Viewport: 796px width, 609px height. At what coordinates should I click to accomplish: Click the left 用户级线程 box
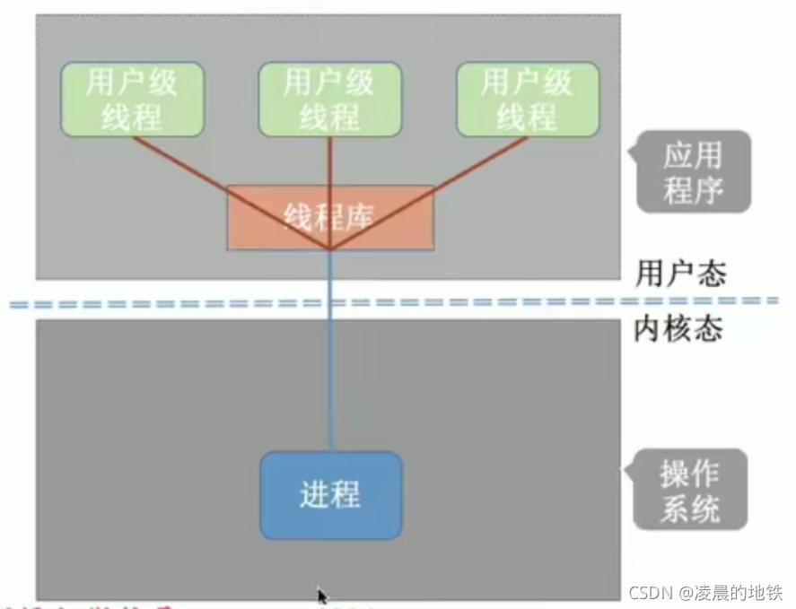132,100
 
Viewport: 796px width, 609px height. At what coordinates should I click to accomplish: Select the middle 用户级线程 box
329,100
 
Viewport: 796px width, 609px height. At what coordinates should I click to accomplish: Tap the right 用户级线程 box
528,100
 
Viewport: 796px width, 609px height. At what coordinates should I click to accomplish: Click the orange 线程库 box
269,217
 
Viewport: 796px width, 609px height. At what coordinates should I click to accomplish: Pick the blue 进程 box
331,495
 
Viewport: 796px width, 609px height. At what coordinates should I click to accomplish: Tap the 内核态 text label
678,330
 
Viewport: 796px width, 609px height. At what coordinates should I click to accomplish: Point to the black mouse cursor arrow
322,596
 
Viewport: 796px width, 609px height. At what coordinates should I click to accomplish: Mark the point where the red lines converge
330,248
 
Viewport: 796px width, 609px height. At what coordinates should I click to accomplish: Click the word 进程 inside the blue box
331,495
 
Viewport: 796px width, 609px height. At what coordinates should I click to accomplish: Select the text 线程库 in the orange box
328,217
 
